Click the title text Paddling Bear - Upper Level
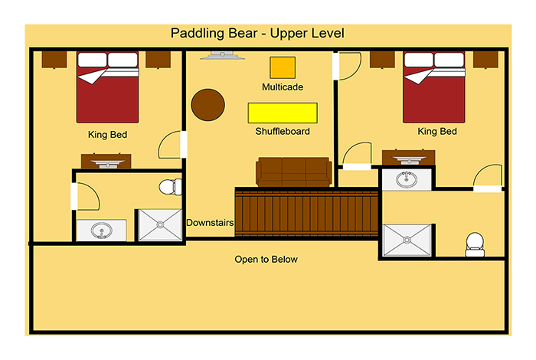[x=257, y=34]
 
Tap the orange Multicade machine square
[x=282, y=67]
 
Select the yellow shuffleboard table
[x=283, y=113]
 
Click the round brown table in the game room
[x=208, y=105]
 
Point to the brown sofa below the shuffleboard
[x=293, y=172]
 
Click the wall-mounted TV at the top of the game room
[x=223, y=55]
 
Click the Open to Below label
[x=266, y=260]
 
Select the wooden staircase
[x=307, y=212]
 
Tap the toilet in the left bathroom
[x=171, y=186]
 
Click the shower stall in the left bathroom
[x=159, y=225]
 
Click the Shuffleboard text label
[x=283, y=132]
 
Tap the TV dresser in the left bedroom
[x=106, y=161]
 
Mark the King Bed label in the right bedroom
[x=437, y=132]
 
